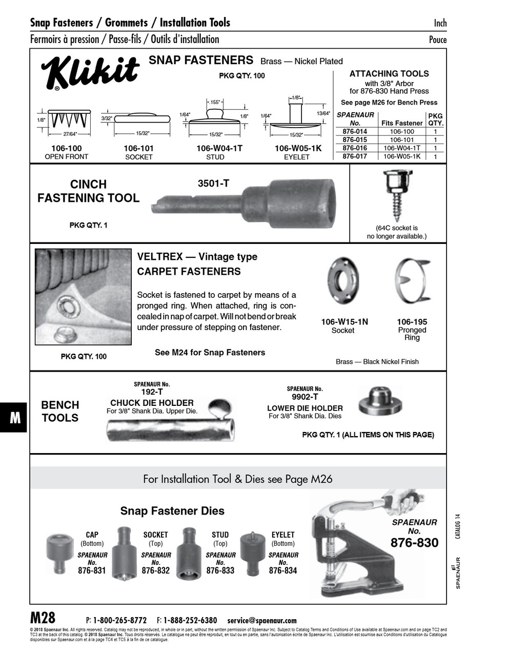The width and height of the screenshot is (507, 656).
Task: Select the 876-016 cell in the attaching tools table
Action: click(354, 148)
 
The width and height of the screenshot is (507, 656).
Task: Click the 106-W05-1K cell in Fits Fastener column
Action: click(402, 156)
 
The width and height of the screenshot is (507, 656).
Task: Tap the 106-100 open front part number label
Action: click(67, 149)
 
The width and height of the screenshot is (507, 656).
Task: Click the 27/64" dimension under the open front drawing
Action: click(70, 135)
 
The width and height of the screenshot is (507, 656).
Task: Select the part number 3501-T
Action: click(213, 183)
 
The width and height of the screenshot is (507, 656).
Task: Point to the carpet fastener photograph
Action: click(83, 297)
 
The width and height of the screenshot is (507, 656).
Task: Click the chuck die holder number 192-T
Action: click(152, 392)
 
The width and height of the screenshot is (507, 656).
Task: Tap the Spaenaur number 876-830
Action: click(414, 543)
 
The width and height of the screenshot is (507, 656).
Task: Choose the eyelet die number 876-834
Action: click(283, 570)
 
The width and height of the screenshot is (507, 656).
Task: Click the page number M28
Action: click(43, 617)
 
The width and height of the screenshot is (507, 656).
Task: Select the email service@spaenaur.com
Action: click(261, 620)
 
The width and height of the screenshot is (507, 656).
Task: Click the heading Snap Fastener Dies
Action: click(172, 511)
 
